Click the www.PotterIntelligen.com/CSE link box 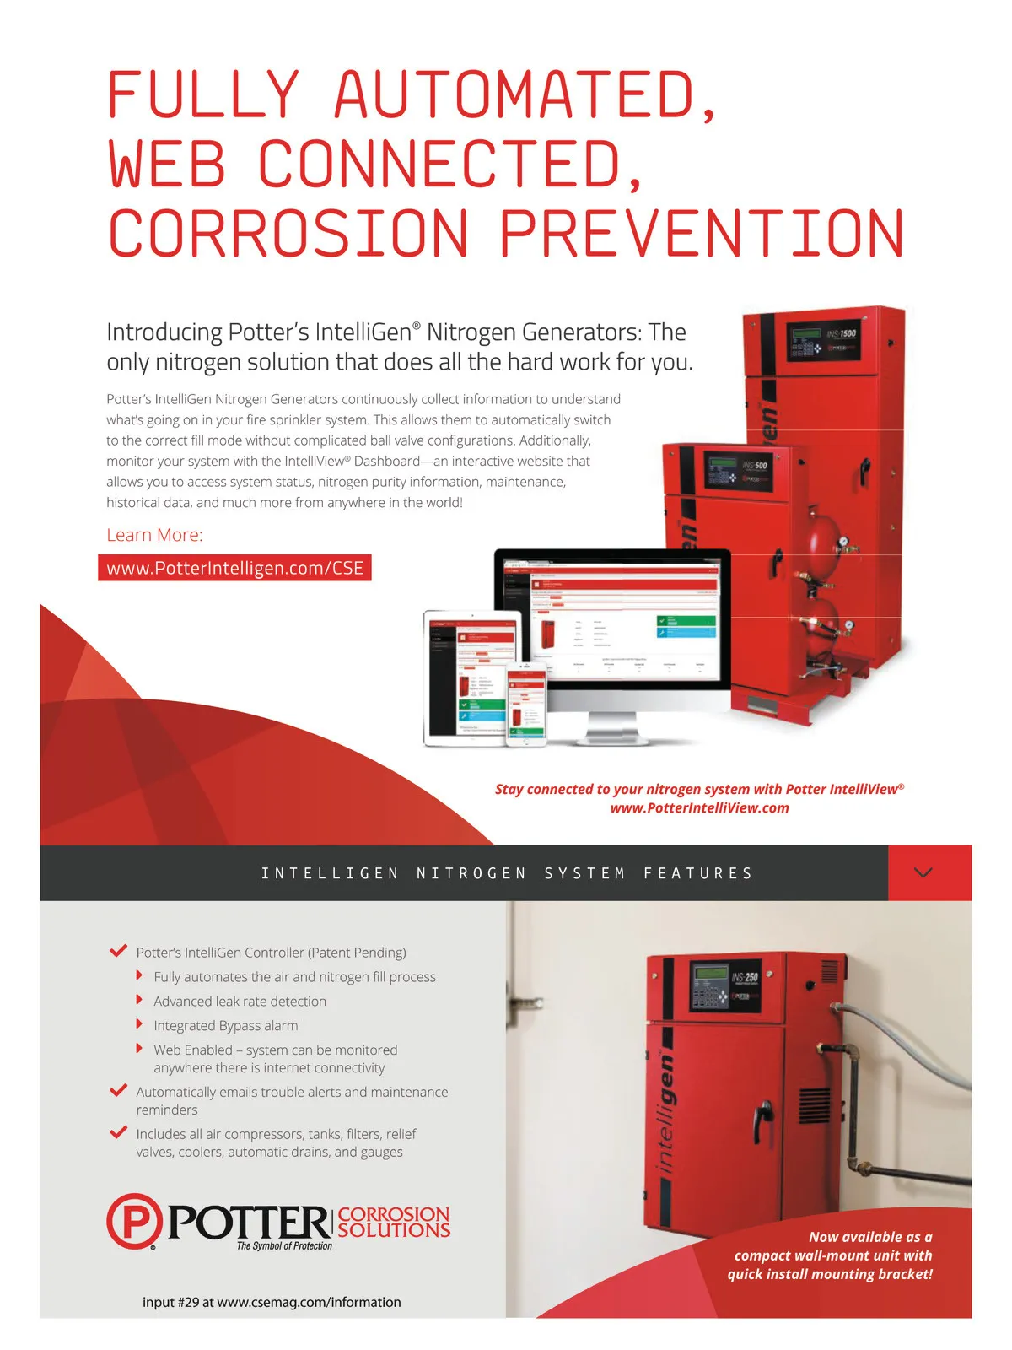[x=234, y=568]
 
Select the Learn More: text [x=154, y=535]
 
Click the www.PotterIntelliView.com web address [x=699, y=808]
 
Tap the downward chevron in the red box [x=923, y=872]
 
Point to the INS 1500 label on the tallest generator [x=841, y=334]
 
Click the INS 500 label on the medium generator [x=755, y=466]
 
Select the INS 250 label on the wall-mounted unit [x=745, y=978]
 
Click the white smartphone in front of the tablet [x=526, y=705]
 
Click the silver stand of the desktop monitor [x=611, y=727]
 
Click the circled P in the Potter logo [x=134, y=1221]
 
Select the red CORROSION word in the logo [x=394, y=1214]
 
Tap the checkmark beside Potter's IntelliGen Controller [x=119, y=951]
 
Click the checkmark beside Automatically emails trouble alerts [x=119, y=1090]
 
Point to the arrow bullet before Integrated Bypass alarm [x=140, y=1024]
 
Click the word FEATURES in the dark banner [x=697, y=873]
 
